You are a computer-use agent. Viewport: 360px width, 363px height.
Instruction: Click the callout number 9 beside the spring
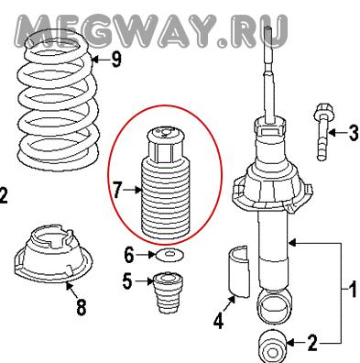(116, 60)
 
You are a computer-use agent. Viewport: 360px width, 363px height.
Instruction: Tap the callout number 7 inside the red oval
(117, 190)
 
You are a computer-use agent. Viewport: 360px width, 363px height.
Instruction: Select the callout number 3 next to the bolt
(354, 133)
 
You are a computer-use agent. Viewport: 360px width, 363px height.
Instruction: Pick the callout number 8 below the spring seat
(82, 306)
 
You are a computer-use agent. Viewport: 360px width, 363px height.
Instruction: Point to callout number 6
(129, 255)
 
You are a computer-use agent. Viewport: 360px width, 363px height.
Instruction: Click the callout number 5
(127, 281)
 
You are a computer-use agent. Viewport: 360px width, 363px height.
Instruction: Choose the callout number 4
(219, 321)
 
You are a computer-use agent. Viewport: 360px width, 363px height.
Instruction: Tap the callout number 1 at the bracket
(353, 290)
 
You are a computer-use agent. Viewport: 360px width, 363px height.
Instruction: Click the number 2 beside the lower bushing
(312, 343)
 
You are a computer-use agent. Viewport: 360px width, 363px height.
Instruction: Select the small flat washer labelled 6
(169, 255)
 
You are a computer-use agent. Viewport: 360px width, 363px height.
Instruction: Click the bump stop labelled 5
(168, 292)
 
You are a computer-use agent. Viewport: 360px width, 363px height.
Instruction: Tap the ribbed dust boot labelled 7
(167, 184)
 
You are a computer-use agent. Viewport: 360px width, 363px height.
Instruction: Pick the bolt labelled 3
(322, 132)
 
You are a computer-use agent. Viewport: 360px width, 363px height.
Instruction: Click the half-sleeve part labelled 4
(239, 271)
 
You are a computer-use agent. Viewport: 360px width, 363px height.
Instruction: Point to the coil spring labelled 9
(59, 98)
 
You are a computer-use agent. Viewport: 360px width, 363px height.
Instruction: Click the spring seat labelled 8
(53, 253)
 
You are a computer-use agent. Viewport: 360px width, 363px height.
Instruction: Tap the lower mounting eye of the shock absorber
(273, 307)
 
